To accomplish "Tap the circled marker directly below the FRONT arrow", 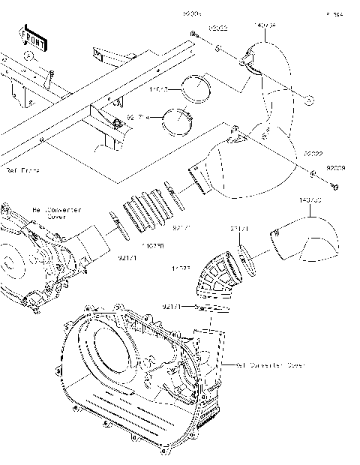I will [28, 55].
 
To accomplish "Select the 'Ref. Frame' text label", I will [22, 171].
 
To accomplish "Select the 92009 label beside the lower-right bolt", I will [334, 168].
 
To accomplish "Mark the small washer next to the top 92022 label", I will [217, 46].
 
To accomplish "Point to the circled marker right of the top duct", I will [309, 97].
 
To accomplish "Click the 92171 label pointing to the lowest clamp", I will [172, 307].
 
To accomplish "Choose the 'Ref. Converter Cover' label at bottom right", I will [270, 365].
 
